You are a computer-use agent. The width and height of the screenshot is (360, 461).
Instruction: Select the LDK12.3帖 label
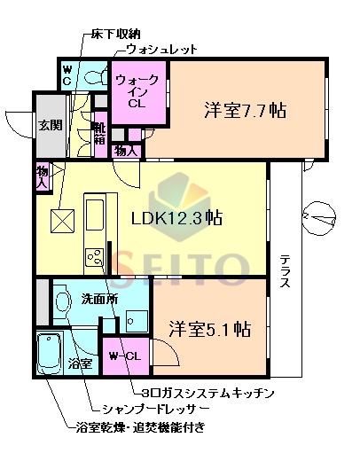point(177,219)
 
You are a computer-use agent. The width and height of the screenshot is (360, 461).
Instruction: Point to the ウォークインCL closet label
point(137,91)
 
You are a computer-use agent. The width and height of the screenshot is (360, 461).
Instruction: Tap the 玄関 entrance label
point(49,124)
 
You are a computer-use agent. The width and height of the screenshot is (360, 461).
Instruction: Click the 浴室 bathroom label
point(80,363)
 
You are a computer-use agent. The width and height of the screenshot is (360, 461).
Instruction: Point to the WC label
point(67,75)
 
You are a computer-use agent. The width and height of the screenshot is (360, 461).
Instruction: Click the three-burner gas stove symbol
point(93,257)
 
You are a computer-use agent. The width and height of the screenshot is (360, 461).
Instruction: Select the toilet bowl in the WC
point(92,76)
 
